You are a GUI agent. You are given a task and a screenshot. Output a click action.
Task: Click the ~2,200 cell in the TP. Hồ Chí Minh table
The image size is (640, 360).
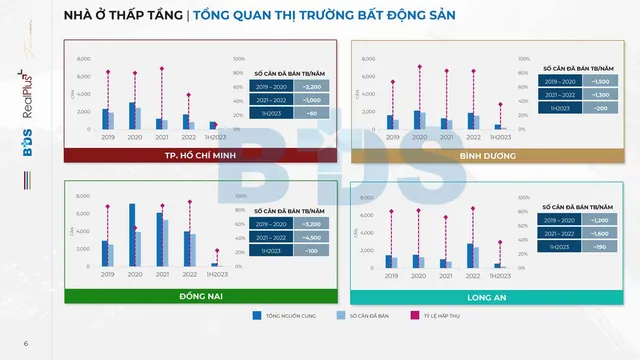pos(312,87)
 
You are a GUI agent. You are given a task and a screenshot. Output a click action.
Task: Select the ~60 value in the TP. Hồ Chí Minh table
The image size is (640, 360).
pos(312,114)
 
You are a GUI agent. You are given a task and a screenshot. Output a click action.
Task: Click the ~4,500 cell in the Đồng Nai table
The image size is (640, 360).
pos(312,238)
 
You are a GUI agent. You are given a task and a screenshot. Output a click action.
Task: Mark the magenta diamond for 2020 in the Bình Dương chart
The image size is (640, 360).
pos(420,66)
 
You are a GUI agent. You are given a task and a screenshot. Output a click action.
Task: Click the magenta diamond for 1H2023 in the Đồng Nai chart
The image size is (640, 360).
pos(217,250)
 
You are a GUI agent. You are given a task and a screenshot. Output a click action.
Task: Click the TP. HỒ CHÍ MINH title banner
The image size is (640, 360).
pos(200,156)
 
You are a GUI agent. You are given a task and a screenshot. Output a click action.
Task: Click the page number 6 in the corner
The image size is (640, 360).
pos(26,345)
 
